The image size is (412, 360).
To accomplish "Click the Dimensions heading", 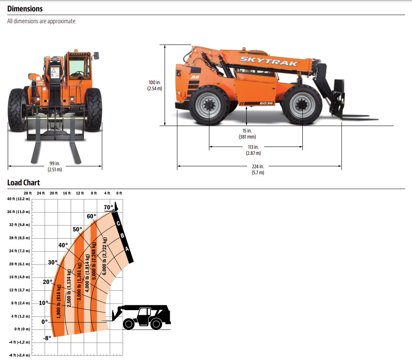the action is tap(25, 9).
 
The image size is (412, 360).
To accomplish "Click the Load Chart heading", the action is tap(24, 183).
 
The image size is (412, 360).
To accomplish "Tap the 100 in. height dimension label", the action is tap(155, 85).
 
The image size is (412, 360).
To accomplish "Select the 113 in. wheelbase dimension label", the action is tap(253, 150).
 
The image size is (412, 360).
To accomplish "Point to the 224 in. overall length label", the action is tap(258, 169).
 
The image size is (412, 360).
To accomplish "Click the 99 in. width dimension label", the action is tap(55, 166).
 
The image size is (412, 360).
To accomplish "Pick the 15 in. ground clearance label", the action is tap(247, 134).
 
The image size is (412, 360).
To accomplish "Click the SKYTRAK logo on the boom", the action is tap(269, 61).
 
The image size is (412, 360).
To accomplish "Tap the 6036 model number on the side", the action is tap(266, 103).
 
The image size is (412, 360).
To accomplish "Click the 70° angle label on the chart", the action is tap(108, 207).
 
